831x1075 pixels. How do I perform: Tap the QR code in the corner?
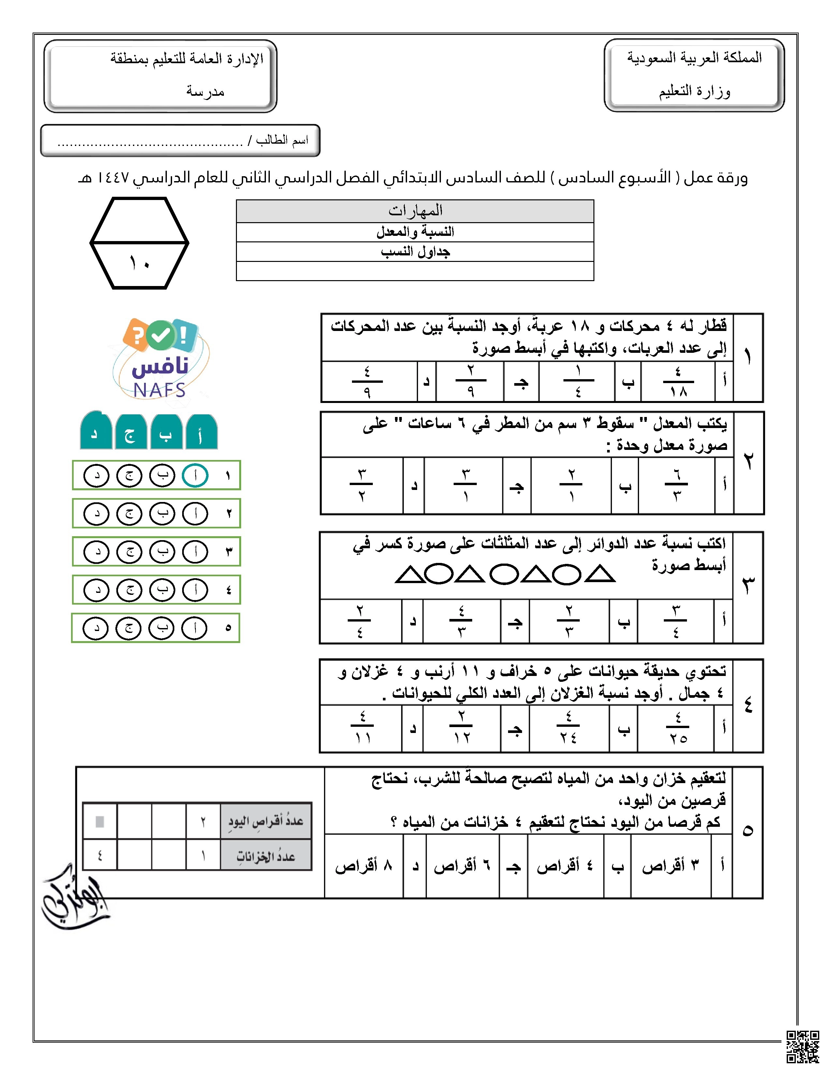click(x=802, y=1047)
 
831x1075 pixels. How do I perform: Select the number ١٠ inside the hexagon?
click(x=139, y=263)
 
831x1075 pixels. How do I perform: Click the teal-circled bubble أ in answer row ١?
click(x=195, y=476)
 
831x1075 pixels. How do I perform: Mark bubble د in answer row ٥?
click(x=95, y=628)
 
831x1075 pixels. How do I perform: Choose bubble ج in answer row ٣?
click(x=129, y=552)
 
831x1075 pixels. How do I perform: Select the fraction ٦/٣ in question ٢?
click(x=677, y=485)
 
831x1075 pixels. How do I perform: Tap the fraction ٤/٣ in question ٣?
click(x=461, y=622)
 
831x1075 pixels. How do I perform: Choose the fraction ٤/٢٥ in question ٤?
click(x=678, y=728)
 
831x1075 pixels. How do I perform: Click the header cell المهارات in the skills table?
click(x=415, y=211)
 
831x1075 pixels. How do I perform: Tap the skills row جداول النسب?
click(x=415, y=251)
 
